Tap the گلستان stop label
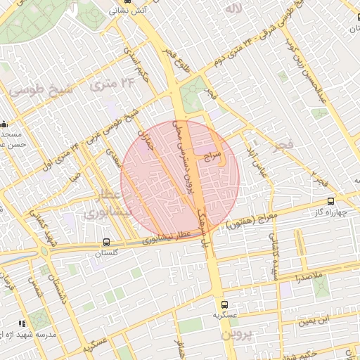point(97,254)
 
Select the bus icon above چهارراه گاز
point(330,202)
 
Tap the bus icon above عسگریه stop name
point(225,305)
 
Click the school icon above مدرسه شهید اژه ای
point(22,323)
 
